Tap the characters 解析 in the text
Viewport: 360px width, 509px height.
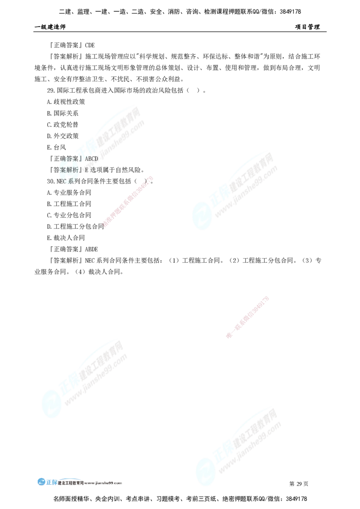pos(72,170)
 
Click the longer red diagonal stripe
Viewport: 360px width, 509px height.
pos(128,202)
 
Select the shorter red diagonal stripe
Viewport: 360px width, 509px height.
pos(248,317)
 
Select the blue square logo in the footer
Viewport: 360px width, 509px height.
pos(46,481)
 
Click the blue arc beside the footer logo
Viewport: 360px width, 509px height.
pos(72,479)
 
